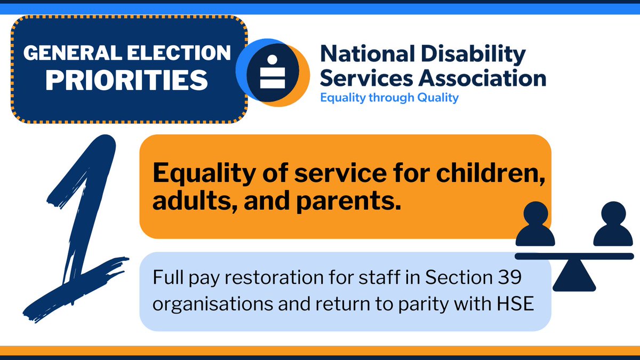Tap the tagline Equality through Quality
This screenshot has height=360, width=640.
tap(389, 98)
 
